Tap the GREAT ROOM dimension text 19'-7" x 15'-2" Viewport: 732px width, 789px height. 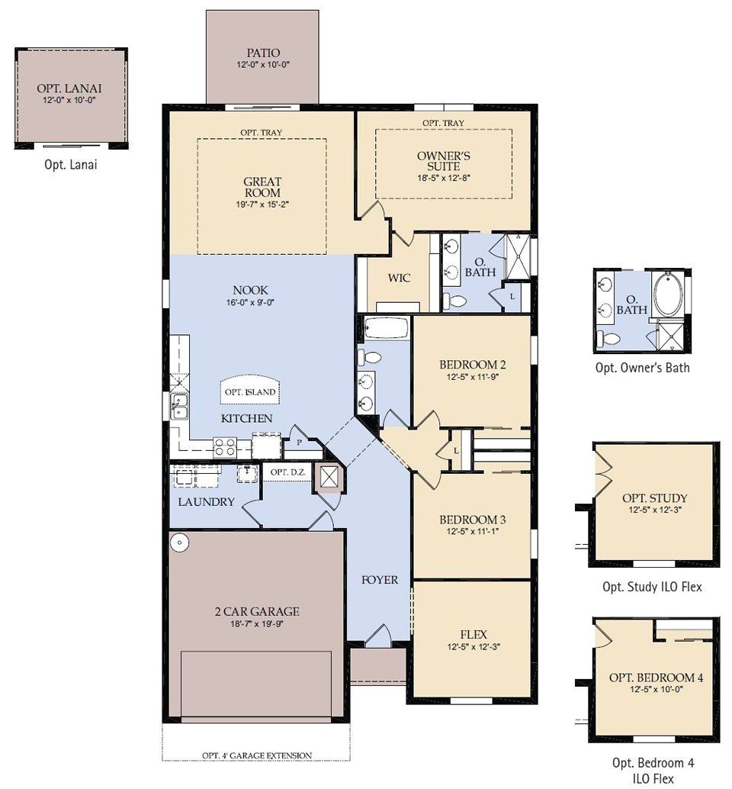(262, 204)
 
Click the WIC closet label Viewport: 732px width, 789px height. (399, 278)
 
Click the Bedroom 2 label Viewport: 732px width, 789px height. (472, 363)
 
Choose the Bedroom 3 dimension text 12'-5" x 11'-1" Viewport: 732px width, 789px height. (472, 532)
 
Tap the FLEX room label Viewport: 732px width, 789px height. (473, 634)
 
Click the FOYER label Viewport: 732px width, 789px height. (379, 580)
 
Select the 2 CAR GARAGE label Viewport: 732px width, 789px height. (256, 611)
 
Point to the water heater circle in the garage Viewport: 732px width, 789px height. (179, 542)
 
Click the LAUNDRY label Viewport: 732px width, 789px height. (206, 502)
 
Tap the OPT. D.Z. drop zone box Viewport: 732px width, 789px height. (287, 473)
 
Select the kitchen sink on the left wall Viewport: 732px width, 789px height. (180, 406)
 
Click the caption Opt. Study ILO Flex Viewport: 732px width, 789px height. (652, 587)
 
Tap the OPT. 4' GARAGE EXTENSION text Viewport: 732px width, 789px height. (256, 755)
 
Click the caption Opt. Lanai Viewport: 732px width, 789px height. (71, 163)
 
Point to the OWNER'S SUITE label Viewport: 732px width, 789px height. (443, 161)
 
